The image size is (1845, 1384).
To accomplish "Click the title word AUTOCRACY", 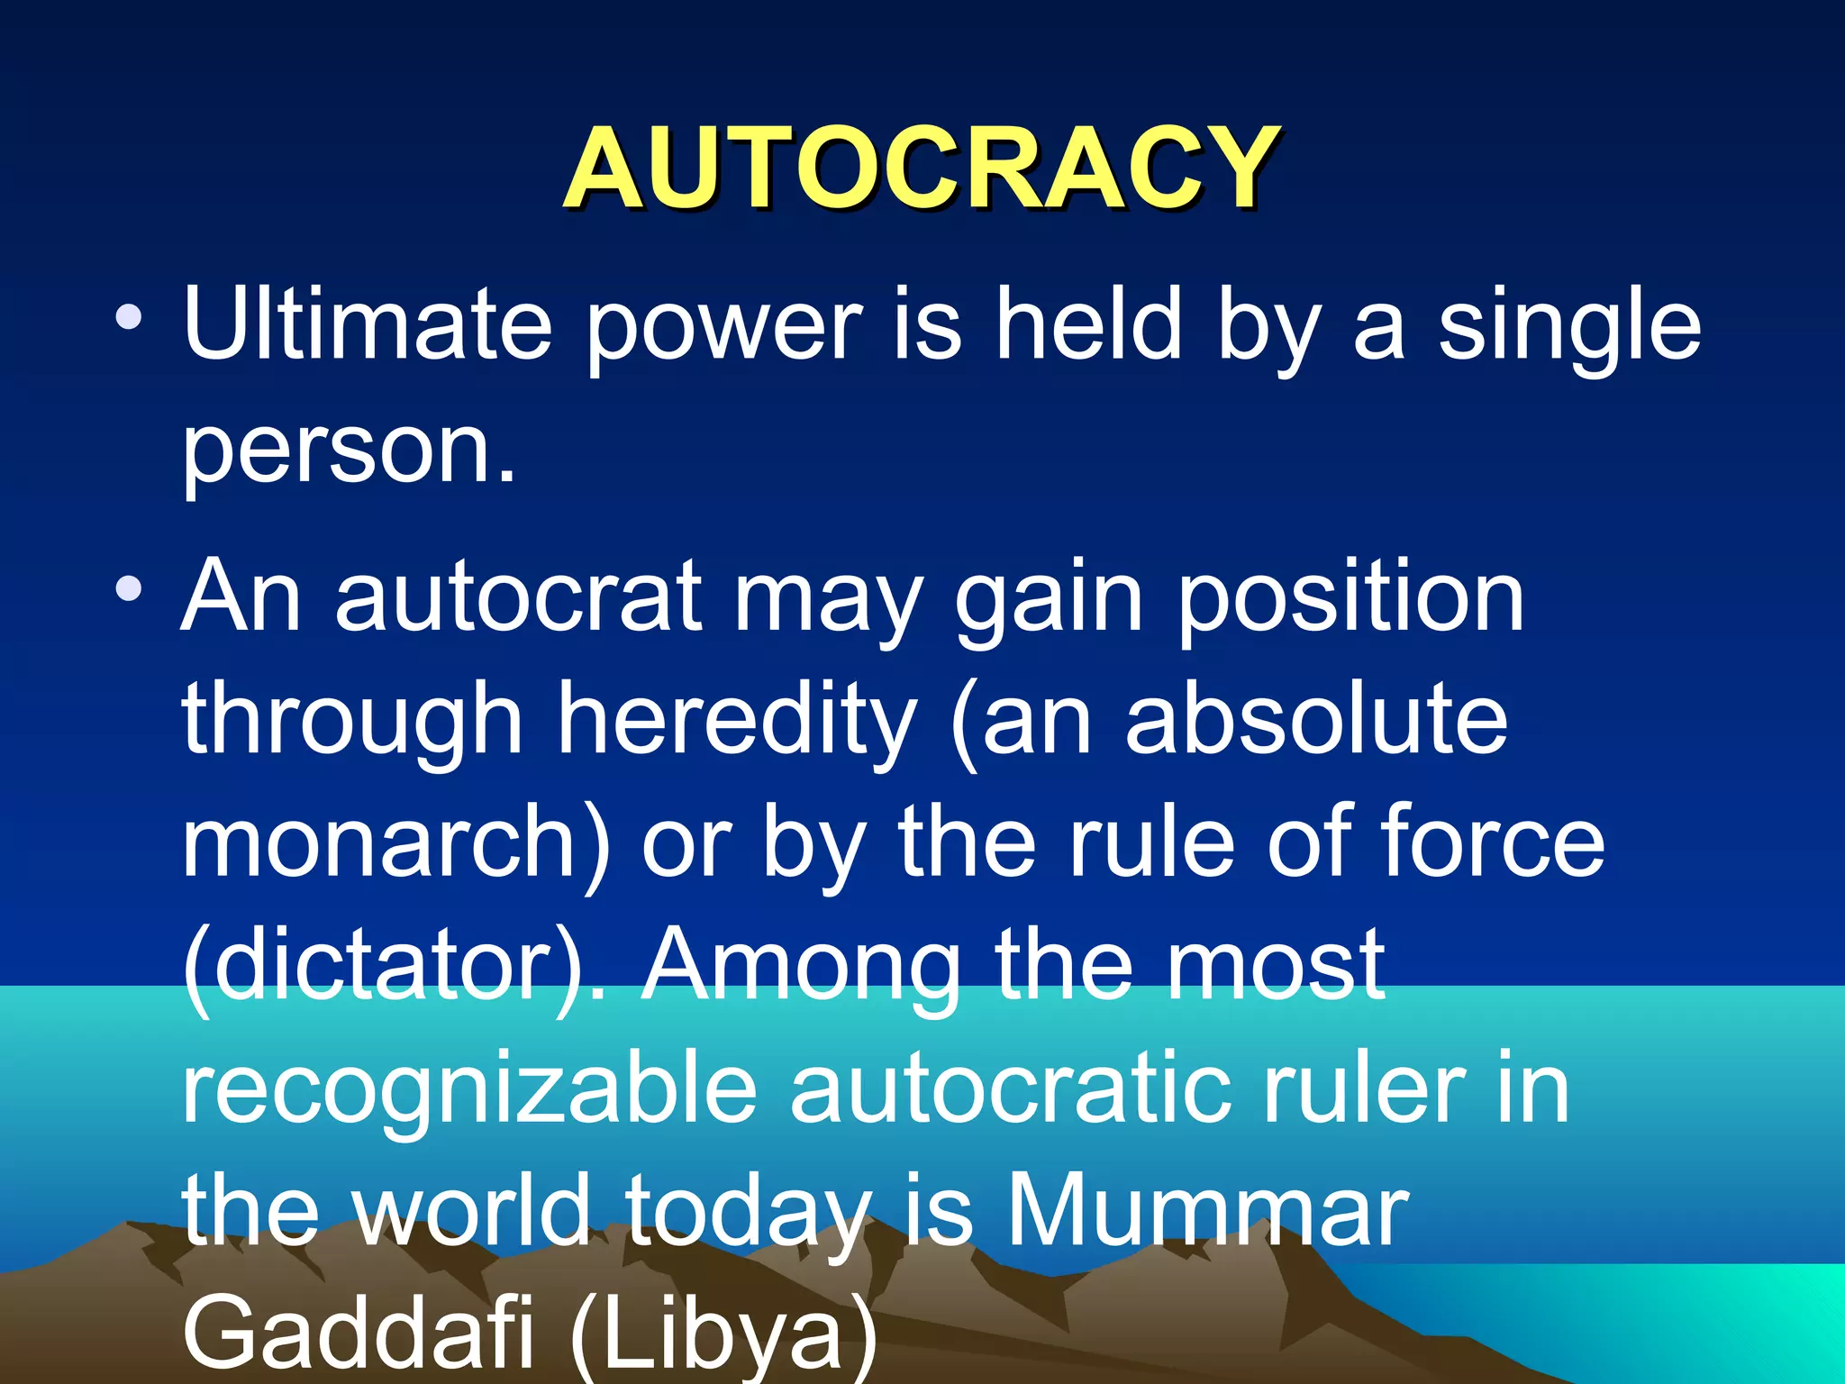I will pos(921,168).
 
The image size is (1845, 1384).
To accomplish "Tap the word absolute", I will pos(1316,719).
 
